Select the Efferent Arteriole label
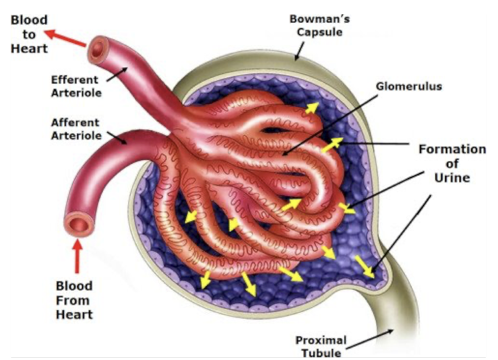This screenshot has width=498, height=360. click(x=76, y=86)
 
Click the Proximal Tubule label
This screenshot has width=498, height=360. click(x=321, y=345)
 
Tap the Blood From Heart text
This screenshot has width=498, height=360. click(x=74, y=300)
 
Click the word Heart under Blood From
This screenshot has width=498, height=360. click(x=74, y=314)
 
